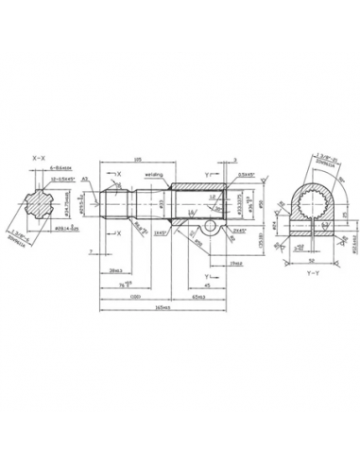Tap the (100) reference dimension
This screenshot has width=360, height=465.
tap(138, 295)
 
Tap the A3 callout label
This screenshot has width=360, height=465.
tap(85, 178)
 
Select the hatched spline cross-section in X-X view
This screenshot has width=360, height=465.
tap(40, 202)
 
